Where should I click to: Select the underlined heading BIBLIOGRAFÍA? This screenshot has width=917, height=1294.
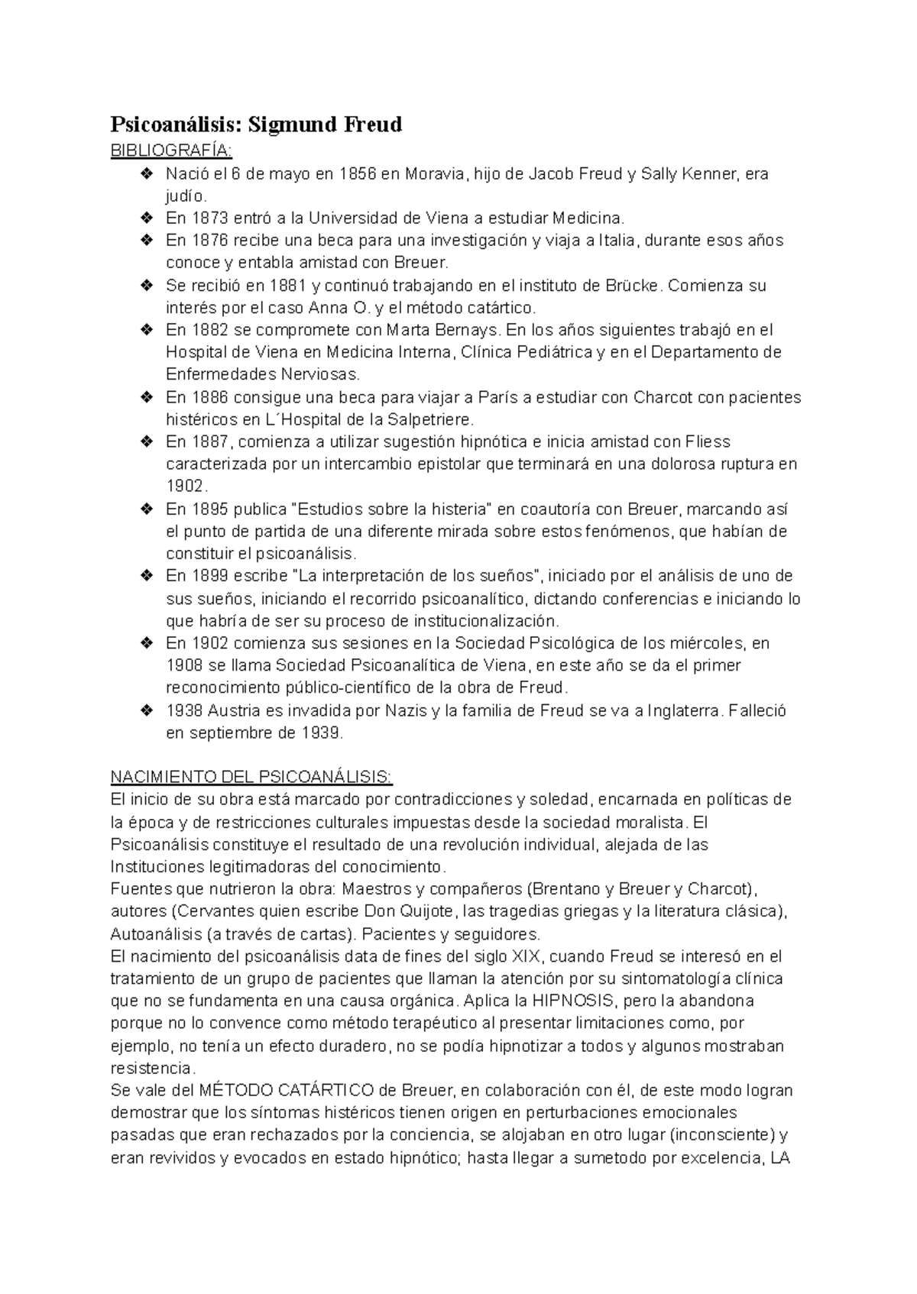pyautogui.click(x=159, y=150)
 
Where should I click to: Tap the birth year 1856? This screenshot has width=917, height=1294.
pyautogui.click(x=358, y=174)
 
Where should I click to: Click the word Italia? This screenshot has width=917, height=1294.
pyautogui.click(x=617, y=241)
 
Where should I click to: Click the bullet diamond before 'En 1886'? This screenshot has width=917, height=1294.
pyautogui.click(x=147, y=397)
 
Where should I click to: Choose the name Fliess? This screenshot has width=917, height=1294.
pyautogui.click(x=708, y=442)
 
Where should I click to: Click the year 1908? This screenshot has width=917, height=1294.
pyautogui.click(x=186, y=665)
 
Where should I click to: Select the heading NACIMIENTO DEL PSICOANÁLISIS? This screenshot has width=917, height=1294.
pyautogui.click(x=251, y=778)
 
